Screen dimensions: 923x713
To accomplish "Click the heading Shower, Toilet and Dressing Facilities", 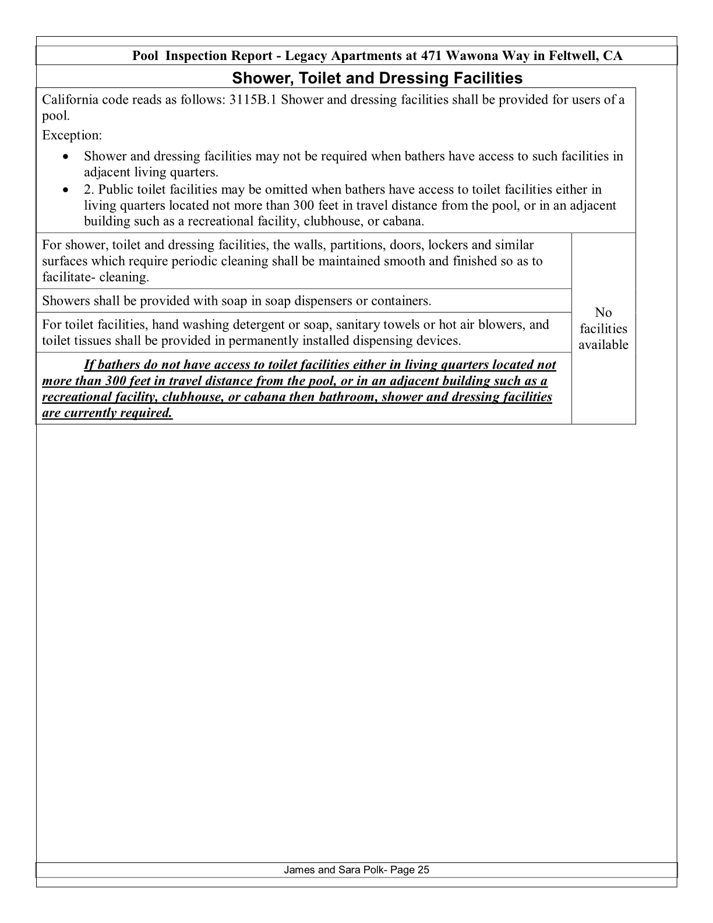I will pos(377,78).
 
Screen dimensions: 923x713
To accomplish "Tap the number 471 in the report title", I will pos(431,56).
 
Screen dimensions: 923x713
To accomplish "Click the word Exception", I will pos(71,135).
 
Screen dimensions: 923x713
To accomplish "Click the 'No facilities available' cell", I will pos(603,329).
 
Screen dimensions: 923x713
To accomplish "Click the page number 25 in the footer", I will pos(423,870).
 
